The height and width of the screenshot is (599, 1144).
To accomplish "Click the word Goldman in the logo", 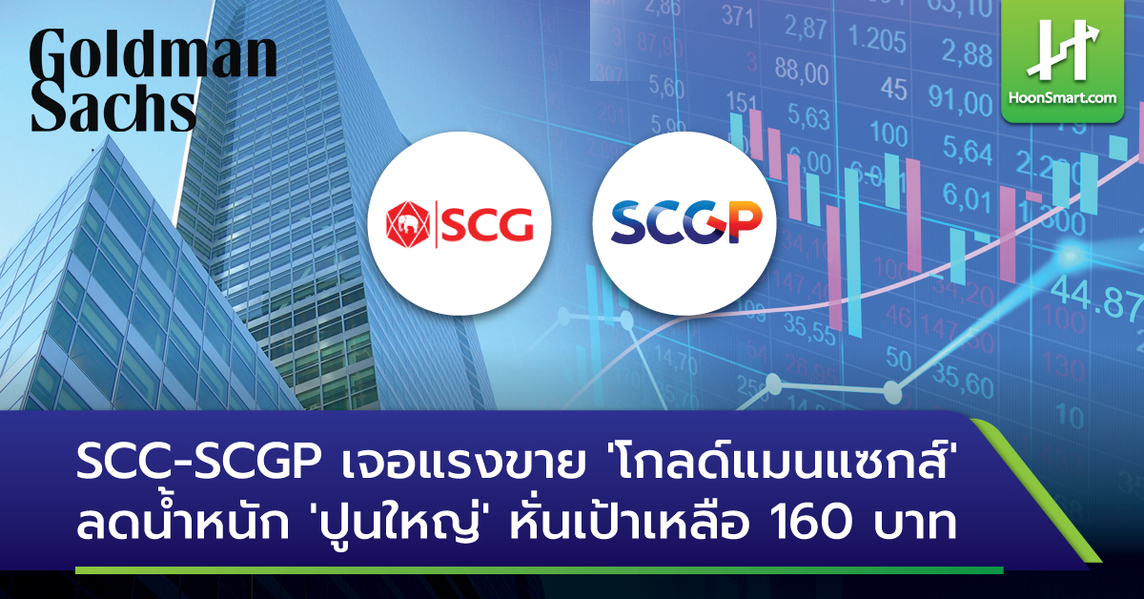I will (153, 57).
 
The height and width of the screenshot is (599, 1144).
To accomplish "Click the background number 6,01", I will (966, 195).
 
